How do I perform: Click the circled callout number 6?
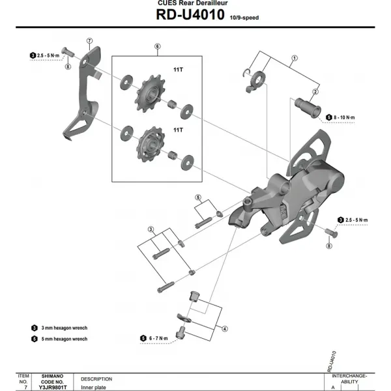157,46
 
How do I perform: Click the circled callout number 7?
90,40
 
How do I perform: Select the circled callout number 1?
294,58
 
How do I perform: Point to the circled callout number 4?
224,329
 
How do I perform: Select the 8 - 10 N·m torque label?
345,117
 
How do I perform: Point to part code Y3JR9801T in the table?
53,386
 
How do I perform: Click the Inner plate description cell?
92,386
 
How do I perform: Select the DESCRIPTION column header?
96,379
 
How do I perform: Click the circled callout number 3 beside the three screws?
150,229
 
